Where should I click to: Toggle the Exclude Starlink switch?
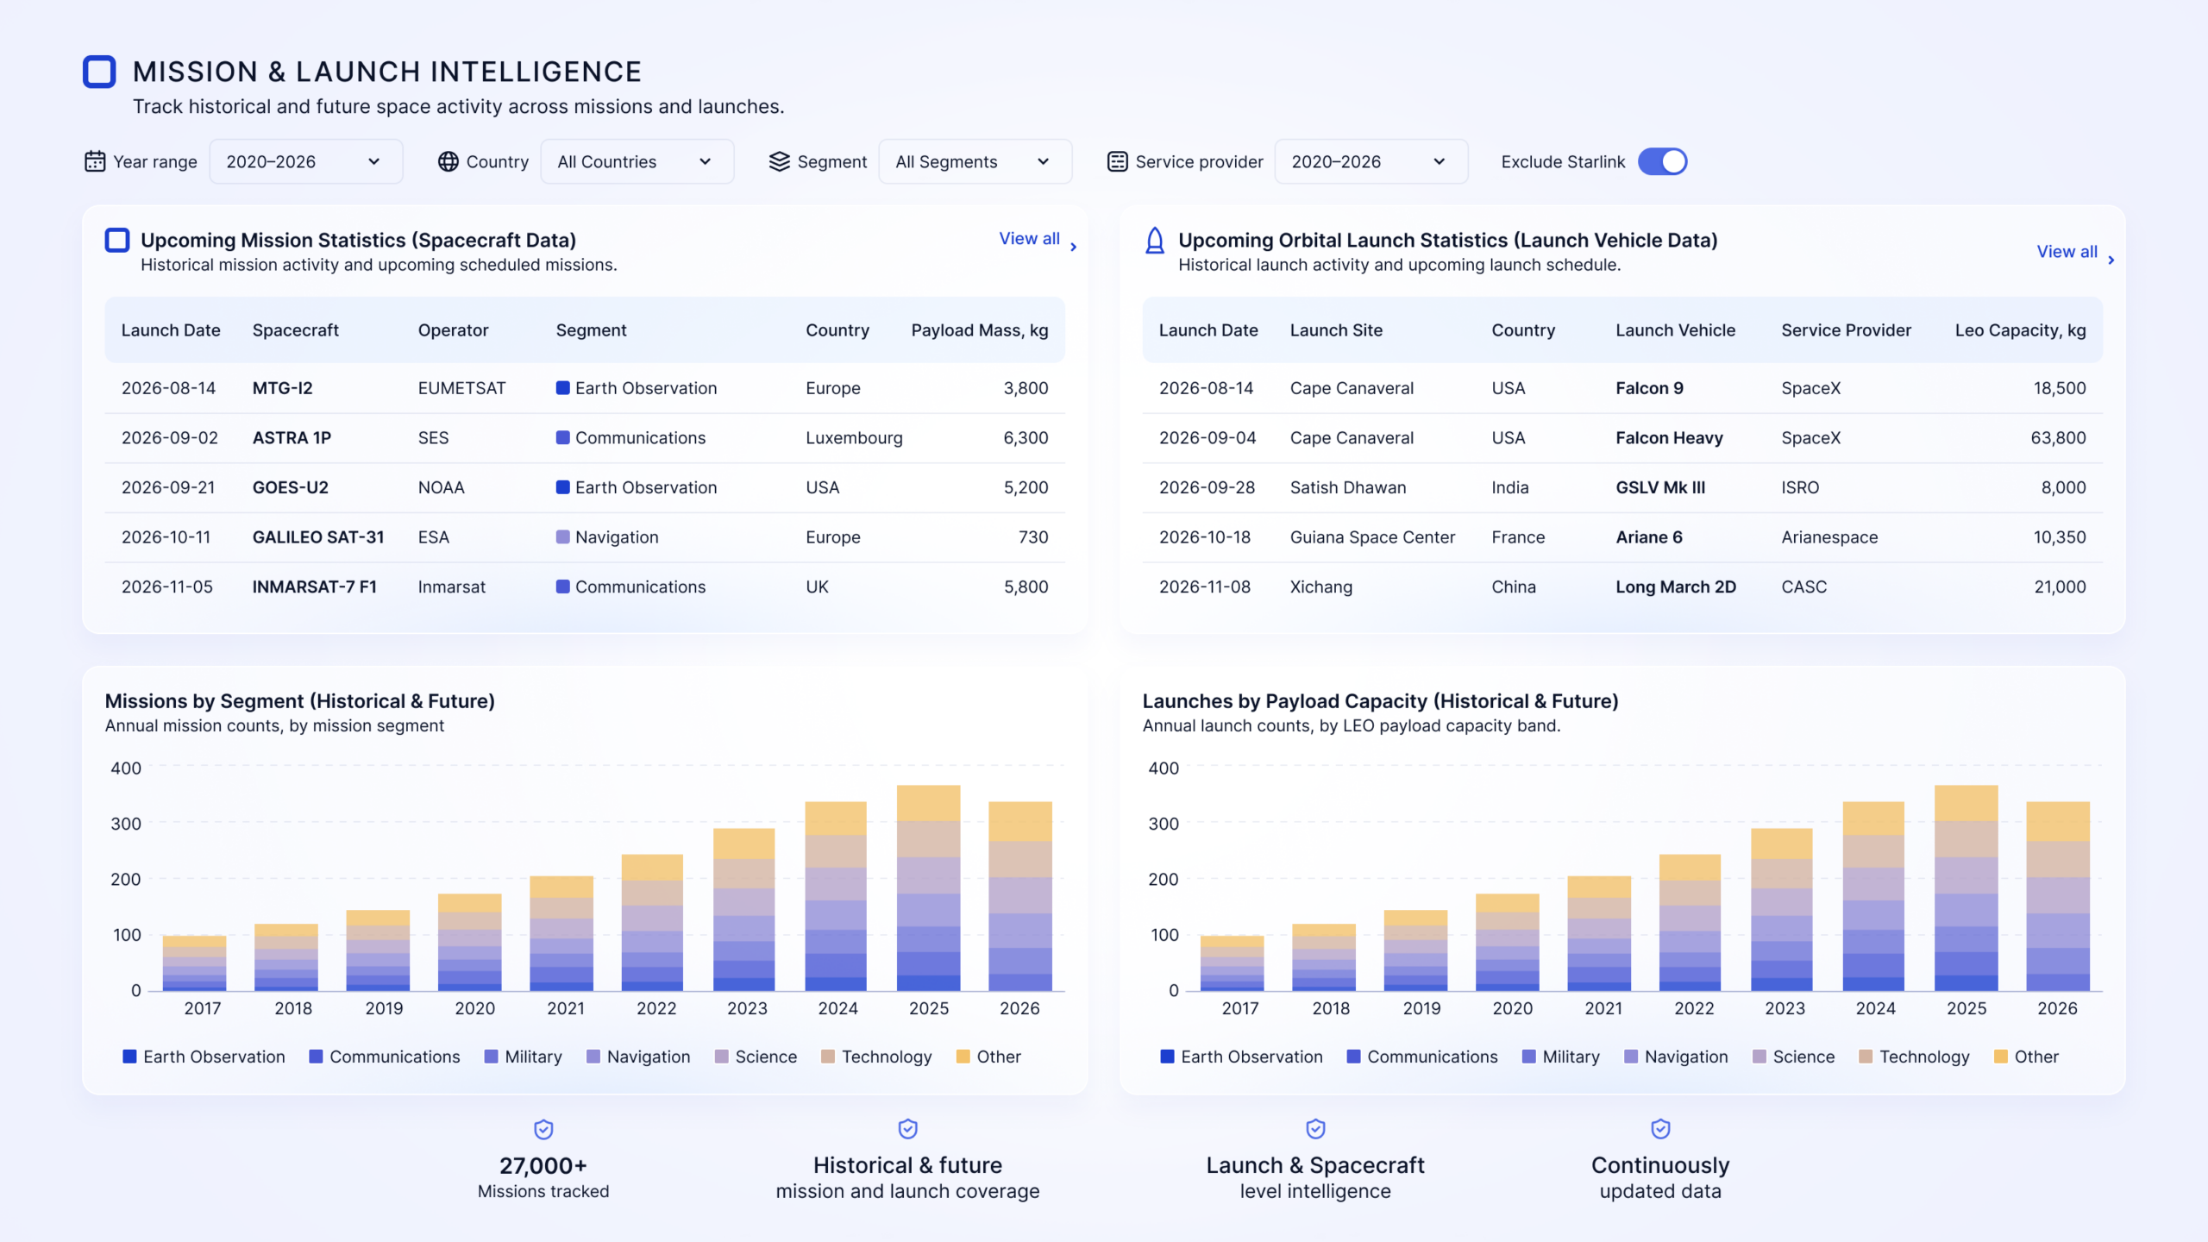[x=1662, y=161]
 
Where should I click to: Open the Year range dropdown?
[x=305, y=161]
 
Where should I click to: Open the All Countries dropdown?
[x=637, y=161]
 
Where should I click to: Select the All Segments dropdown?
[x=975, y=161]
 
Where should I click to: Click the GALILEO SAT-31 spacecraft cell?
[x=317, y=537]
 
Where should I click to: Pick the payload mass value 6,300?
[x=1026, y=438]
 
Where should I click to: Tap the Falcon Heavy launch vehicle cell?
[x=1669, y=438]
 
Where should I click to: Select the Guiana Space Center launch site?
[x=1372, y=537]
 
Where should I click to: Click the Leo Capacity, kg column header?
[x=2020, y=330]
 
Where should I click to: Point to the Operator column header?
[x=453, y=330]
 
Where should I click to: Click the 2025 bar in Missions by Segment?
[x=928, y=888]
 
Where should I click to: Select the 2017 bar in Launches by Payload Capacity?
[x=1232, y=963]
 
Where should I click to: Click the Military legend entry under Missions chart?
[x=523, y=1057]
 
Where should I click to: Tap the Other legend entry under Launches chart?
[x=2026, y=1057]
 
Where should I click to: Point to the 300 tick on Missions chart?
[x=126, y=824]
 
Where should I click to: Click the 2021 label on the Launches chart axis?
[x=1603, y=1008]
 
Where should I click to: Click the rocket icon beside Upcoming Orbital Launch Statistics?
[x=1154, y=241]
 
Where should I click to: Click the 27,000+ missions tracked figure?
[x=543, y=1166]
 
